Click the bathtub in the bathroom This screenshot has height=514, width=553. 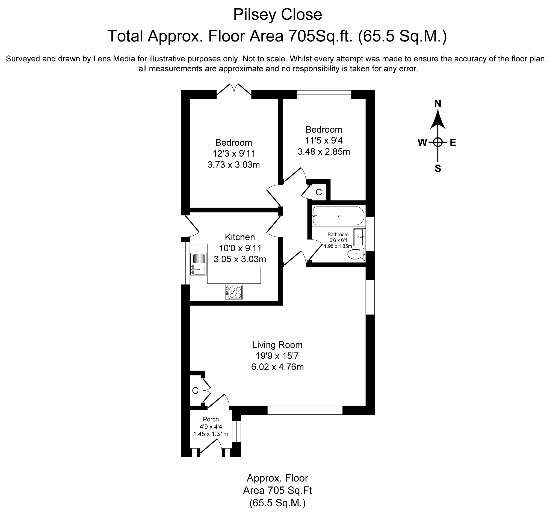click(338, 216)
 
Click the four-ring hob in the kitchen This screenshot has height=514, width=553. click(234, 292)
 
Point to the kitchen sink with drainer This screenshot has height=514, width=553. click(198, 264)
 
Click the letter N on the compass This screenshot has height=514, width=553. click(438, 104)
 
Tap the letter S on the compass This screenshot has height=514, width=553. click(438, 168)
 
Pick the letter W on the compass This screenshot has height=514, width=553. click(422, 142)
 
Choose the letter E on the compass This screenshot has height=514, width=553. click(453, 142)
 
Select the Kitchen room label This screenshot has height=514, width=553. click(240, 237)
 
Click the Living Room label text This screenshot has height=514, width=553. click(277, 345)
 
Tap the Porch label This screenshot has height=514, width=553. click(211, 419)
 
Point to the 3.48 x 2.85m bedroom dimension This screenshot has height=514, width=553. click(324, 152)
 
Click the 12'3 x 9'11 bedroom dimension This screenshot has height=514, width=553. click(234, 153)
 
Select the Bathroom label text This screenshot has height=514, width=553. click(338, 235)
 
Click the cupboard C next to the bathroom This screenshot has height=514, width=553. click(319, 192)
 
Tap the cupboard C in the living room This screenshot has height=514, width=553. click(195, 391)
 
